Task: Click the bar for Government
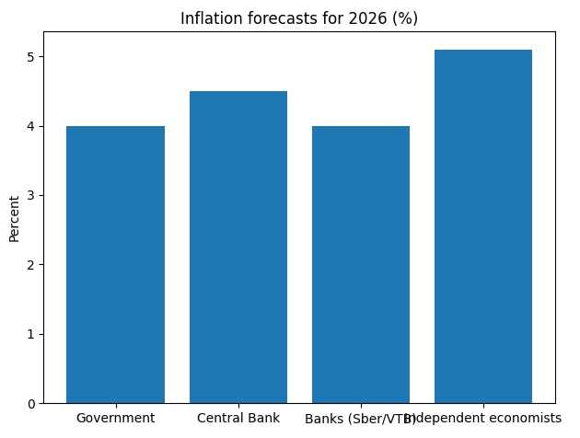point(115,265)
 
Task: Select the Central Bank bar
point(238,248)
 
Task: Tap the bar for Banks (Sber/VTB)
point(361,265)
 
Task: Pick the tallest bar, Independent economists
point(483,226)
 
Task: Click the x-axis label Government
point(115,418)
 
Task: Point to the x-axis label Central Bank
point(238,418)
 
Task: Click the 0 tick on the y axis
point(30,403)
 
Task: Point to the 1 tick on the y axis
point(30,334)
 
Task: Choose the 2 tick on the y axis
point(30,265)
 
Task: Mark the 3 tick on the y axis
point(30,195)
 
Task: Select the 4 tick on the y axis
point(30,126)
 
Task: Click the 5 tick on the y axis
point(30,57)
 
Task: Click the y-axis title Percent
point(14,218)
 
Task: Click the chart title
point(298,18)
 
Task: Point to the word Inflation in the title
point(209,18)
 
